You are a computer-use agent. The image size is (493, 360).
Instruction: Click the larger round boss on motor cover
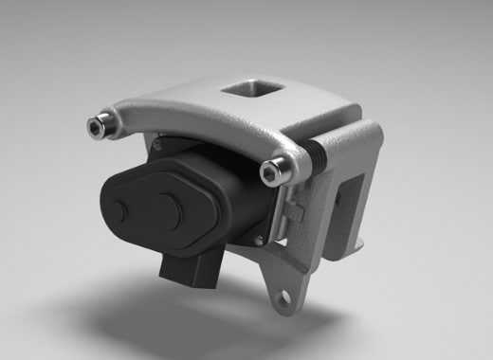point(166,205)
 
